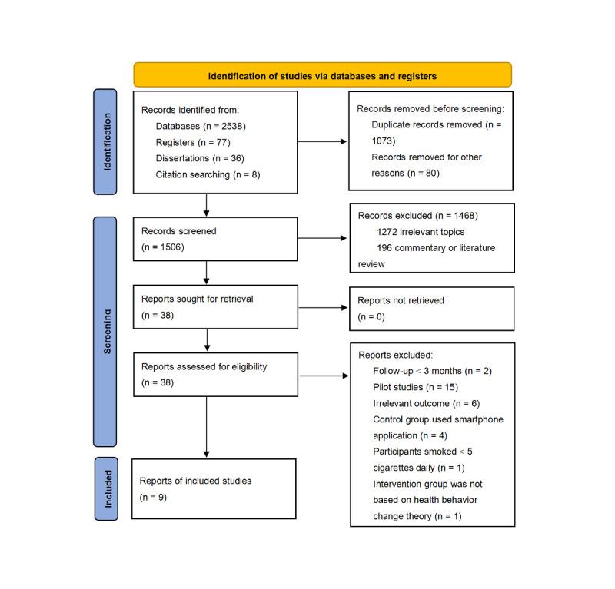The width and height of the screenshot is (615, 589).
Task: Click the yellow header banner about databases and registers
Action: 322,76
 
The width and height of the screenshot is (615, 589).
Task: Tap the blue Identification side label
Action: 105,141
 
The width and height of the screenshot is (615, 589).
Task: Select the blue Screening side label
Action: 105,330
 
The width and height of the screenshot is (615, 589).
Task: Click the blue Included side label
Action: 105,488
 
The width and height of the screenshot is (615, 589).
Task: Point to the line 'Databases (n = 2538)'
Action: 200,126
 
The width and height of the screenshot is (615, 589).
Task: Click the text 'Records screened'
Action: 178,230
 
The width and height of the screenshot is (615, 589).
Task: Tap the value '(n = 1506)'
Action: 163,247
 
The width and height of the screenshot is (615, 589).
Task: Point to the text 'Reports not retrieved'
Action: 401,301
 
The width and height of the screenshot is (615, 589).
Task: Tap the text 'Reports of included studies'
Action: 195,481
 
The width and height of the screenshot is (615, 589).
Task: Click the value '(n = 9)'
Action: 153,497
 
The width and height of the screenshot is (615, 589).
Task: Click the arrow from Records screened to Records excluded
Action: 323,238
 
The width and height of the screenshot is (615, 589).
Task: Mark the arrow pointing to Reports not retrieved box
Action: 323,307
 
